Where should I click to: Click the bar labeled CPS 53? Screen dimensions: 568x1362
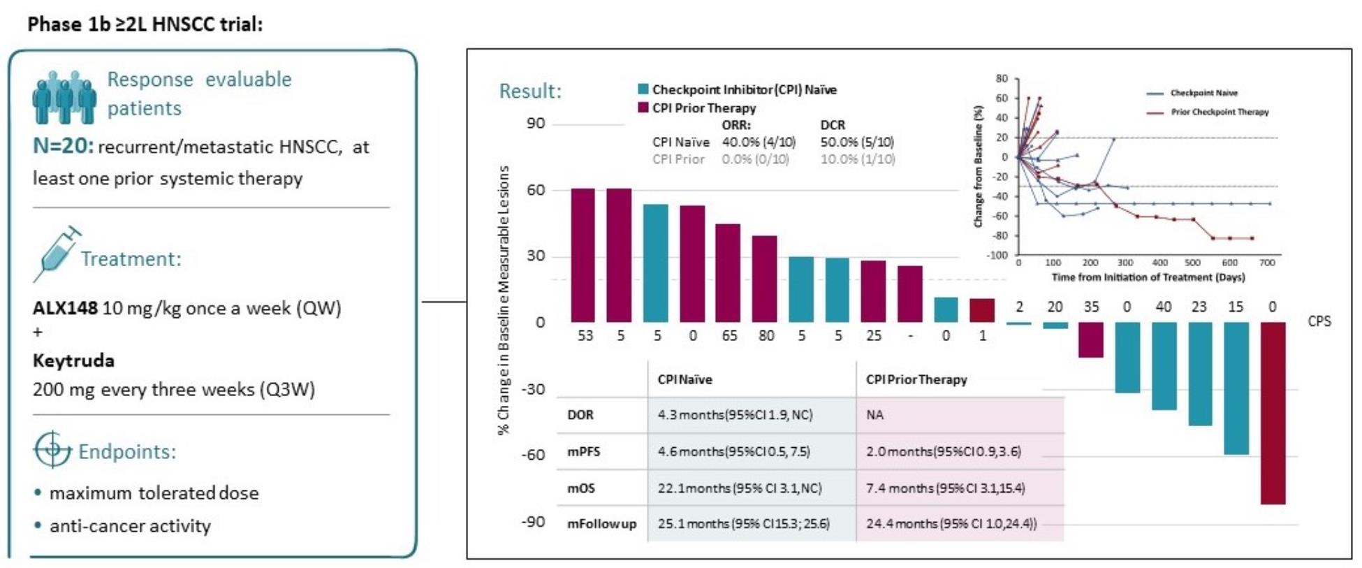(x=583, y=255)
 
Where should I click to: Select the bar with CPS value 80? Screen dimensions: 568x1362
(x=764, y=279)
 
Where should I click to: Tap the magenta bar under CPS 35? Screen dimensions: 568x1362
(x=1090, y=340)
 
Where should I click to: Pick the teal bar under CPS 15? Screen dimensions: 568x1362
(x=1236, y=388)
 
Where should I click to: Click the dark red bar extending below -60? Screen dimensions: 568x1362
(x=1273, y=412)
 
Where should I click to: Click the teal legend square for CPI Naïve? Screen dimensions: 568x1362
(x=643, y=89)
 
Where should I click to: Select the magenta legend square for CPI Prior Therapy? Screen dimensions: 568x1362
(x=643, y=108)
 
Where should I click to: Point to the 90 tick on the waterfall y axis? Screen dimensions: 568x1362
(x=536, y=124)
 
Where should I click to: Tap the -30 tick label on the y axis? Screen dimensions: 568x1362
(x=533, y=389)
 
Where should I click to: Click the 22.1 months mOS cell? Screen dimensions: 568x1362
(x=740, y=488)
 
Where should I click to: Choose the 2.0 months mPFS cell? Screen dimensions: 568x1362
(x=943, y=451)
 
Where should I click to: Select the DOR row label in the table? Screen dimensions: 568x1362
(x=580, y=415)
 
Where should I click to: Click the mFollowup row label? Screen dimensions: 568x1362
(x=601, y=524)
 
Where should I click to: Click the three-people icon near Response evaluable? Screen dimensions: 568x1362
(x=64, y=96)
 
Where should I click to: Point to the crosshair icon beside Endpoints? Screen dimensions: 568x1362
(x=52, y=449)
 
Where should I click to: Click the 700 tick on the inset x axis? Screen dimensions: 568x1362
(x=1267, y=263)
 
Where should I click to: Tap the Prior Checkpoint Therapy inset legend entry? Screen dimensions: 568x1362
(x=1219, y=112)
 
